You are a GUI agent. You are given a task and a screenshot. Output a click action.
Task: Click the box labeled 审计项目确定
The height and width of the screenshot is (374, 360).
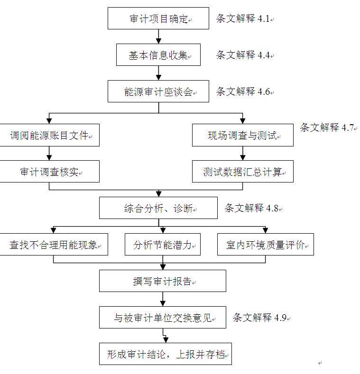(158, 18)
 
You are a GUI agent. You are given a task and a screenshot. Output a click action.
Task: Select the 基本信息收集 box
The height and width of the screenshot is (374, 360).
(158, 55)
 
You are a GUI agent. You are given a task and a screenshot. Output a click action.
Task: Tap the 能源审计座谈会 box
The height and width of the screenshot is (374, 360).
(158, 91)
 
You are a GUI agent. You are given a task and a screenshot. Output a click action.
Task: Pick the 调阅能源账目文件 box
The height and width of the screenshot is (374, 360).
(49, 135)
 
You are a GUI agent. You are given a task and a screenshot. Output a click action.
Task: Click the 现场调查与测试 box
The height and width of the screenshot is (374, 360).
(243, 135)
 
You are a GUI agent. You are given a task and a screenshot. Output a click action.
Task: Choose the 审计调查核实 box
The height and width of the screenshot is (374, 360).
(49, 172)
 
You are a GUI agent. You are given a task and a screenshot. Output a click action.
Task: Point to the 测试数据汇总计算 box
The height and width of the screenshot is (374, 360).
(243, 172)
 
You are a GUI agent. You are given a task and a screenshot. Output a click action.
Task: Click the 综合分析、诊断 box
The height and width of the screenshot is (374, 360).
(158, 208)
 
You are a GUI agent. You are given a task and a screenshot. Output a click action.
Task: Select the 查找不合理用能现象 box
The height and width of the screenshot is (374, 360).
(54, 245)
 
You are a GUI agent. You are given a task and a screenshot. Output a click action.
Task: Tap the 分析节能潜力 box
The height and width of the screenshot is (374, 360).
(163, 245)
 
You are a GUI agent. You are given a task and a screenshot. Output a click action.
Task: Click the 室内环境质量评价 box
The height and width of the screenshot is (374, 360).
(266, 245)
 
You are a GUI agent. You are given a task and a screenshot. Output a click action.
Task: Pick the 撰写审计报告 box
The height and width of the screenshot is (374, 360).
(163, 281)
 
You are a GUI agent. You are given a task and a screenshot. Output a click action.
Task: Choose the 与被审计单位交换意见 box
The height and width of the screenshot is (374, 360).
(163, 318)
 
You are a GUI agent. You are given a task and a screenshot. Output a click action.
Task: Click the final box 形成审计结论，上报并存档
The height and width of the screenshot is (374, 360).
(166, 354)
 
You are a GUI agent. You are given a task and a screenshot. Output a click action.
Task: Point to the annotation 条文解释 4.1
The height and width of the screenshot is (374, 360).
(243, 18)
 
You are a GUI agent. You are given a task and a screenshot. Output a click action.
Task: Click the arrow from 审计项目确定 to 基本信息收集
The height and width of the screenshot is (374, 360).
(158, 36)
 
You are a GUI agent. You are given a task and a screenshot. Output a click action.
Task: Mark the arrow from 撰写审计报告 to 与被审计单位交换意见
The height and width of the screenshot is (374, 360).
(163, 299)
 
